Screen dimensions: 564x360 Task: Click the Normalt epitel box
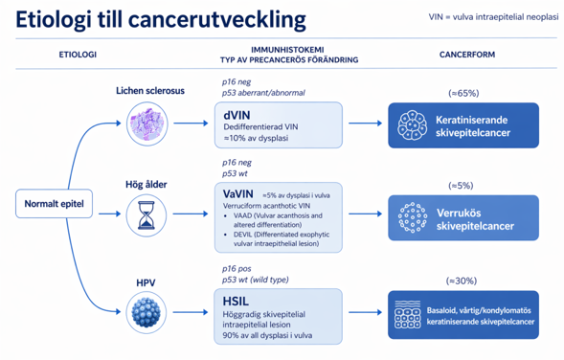tap(54, 204)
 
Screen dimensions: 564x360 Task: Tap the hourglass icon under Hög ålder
tap(147, 215)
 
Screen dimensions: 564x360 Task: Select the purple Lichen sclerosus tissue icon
tap(147, 124)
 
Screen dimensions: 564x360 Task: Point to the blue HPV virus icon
tap(147, 312)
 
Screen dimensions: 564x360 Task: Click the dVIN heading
tap(237, 115)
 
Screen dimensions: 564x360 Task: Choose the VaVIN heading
tap(238, 194)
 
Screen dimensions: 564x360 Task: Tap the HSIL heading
tap(236, 302)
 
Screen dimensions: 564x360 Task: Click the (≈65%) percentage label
tap(463, 93)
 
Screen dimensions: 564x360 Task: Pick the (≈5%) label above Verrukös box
tap(461, 186)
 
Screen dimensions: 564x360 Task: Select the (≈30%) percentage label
tap(462, 281)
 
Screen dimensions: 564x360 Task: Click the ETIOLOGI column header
tap(78, 55)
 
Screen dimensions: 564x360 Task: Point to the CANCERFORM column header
tap(467, 55)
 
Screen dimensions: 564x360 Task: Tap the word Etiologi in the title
tap(54, 20)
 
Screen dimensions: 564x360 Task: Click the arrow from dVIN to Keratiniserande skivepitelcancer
tap(365, 124)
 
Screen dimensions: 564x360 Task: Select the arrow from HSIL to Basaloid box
tap(365, 312)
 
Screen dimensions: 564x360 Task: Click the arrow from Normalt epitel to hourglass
tap(110, 214)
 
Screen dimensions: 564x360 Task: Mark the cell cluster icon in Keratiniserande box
tap(412, 125)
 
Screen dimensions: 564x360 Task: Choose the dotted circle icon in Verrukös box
tap(413, 217)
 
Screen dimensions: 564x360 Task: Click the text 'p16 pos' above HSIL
tap(237, 269)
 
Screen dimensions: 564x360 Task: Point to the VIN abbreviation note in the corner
tap(493, 17)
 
